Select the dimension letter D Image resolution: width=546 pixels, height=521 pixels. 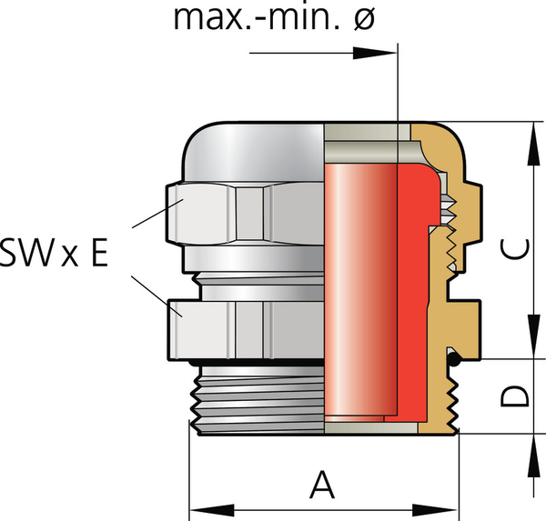tap(516, 396)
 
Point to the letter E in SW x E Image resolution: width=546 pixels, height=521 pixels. tap(94, 254)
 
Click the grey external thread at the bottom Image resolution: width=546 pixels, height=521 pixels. tap(259, 400)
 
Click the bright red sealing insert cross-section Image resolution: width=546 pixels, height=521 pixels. tap(414, 291)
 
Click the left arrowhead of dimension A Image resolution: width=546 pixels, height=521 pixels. tap(198, 508)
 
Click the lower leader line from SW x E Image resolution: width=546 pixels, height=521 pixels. tap(150, 296)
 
